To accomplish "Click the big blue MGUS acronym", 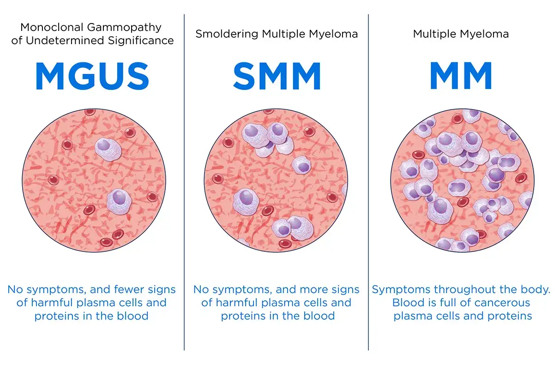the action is (92, 76).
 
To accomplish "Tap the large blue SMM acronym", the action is (277, 76).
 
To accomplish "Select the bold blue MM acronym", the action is (461, 76).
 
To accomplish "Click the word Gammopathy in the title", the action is (124, 28).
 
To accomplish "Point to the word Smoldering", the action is (227, 34).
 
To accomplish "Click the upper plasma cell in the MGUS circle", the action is (108, 149).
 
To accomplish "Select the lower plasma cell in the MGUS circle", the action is (119, 201).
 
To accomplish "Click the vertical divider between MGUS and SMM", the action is (184, 182).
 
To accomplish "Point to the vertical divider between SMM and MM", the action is (368, 182).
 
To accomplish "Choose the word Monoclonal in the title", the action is (52, 27).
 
